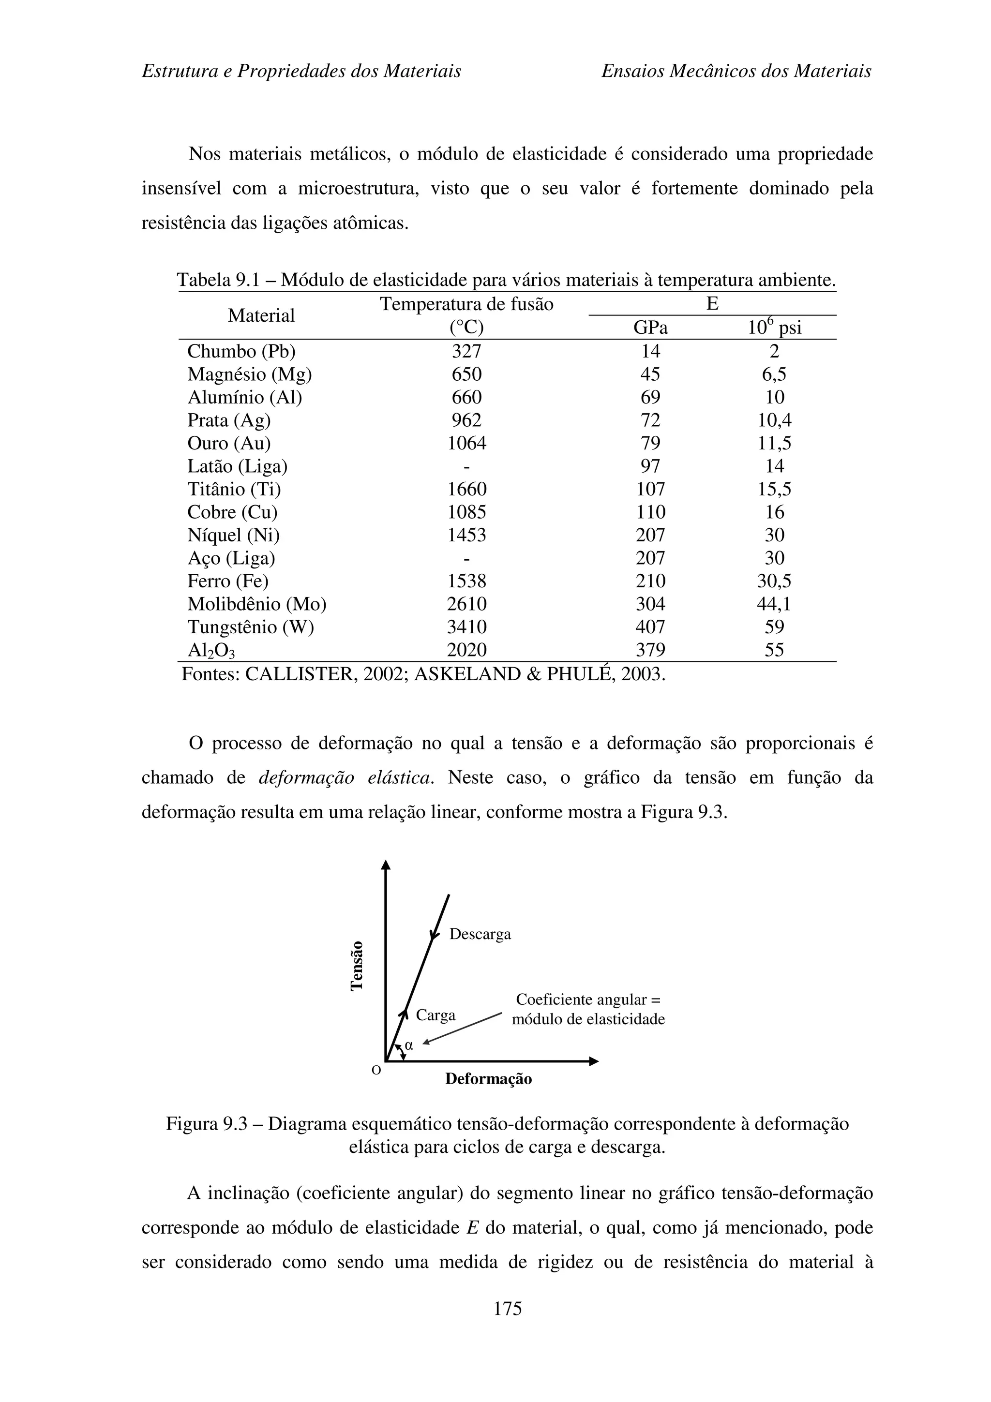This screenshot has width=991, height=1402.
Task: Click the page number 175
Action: (508, 1308)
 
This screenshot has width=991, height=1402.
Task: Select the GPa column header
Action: (650, 328)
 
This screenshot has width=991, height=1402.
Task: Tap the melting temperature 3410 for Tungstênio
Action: (466, 627)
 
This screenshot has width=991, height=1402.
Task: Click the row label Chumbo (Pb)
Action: (241, 351)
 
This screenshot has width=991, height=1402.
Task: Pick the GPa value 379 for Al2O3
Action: (650, 650)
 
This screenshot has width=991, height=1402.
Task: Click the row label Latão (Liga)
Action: (237, 466)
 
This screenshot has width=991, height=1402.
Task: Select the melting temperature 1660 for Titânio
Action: (466, 489)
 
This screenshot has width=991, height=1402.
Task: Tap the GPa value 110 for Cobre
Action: (650, 512)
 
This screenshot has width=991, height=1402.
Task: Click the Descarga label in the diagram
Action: (480, 934)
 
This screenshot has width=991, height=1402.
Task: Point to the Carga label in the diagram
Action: (435, 1015)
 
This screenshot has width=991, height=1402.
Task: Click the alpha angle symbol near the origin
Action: (409, 1045)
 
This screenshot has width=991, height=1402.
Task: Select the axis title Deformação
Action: (488, 1079)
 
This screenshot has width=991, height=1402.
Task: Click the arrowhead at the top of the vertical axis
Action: (385, 865)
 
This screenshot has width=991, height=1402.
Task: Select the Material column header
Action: (261, 316)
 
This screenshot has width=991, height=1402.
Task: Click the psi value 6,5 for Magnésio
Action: (774, 374)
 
